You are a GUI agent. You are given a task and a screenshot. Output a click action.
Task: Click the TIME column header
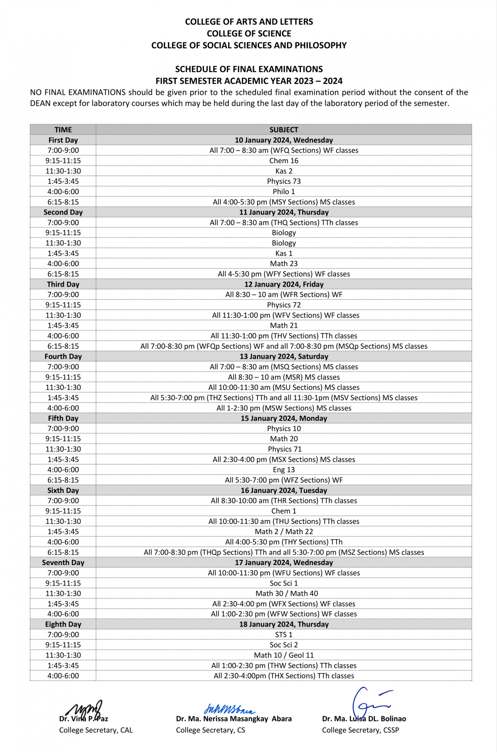coord(63,130)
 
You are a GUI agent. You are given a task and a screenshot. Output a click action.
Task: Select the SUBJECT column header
coord(284,130)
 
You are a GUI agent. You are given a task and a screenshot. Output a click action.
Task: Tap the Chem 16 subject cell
coord(284,161)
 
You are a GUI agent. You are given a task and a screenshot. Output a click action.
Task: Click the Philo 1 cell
coord(284,192)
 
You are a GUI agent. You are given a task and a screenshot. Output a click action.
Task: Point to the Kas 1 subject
coord(284,253)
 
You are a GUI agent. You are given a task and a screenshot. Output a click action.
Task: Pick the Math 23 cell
coord(284,263)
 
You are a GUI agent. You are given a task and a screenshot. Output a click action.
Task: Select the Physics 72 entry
coord(284,305)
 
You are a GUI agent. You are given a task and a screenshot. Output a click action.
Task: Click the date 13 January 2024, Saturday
coord(284,356)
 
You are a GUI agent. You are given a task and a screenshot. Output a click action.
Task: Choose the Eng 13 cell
coord(284,470)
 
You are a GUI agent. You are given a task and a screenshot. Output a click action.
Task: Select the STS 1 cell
coord(284,635)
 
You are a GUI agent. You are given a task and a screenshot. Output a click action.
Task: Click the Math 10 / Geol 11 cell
coord(284,655)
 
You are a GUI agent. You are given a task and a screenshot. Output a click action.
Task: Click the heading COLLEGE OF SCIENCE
coord(249,34)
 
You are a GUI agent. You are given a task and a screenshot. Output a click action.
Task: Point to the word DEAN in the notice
coord(40,104)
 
